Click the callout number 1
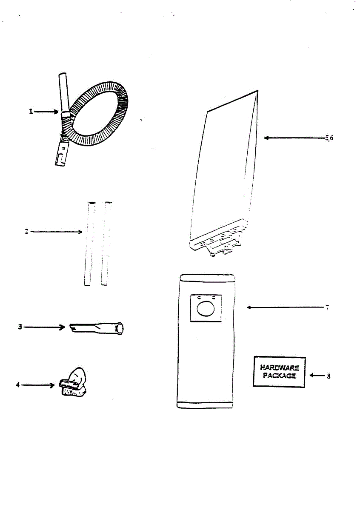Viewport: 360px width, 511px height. (x=31, y=112)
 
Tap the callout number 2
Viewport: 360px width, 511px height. (x=26, y=232)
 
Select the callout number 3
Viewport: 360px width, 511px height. (x=20, y=327)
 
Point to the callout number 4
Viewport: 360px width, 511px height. (x=18, y=385)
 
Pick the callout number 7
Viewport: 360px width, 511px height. (x=327, y=307)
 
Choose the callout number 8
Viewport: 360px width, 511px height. (x=329, y=376)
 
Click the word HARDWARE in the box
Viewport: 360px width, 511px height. (x=279, y=368)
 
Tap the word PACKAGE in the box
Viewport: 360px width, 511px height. (x=279, y=376)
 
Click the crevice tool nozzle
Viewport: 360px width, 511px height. (x=97, y=328)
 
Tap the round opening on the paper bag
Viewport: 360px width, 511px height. (x=206, y=308)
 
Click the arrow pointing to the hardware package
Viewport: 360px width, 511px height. (x=317, y=376)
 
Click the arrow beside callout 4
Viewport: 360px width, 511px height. (x=38, y=385)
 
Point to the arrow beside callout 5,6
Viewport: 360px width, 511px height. (x=294, y=138)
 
